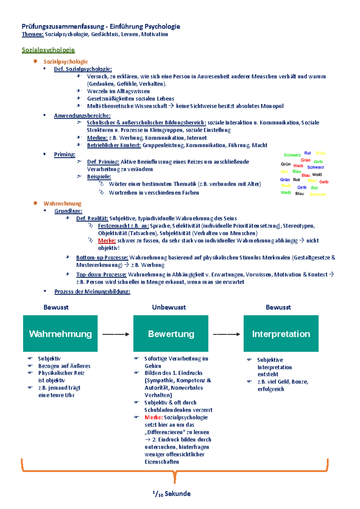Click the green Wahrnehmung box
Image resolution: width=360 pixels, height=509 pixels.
60,333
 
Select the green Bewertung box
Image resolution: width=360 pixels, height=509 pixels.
171,333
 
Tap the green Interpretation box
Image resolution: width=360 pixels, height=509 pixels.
281,333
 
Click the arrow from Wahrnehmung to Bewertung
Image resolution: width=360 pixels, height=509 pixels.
115,334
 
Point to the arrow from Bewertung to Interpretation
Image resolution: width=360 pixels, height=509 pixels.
226,334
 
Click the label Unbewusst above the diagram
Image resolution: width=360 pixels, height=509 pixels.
169,307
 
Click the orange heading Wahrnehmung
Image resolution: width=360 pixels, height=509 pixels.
62,204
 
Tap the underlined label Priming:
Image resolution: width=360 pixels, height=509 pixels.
64,154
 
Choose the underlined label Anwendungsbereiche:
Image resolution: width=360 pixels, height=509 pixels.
82,116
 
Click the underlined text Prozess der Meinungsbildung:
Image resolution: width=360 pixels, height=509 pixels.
92,291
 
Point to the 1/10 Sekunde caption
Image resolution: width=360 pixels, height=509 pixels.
172,494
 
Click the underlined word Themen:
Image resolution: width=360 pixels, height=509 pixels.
33,34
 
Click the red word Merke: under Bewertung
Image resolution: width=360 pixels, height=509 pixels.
154,417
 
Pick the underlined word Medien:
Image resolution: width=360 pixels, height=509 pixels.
97,138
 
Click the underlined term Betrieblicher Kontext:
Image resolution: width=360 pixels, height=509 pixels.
114,145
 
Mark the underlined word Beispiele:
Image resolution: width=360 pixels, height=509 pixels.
99,177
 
